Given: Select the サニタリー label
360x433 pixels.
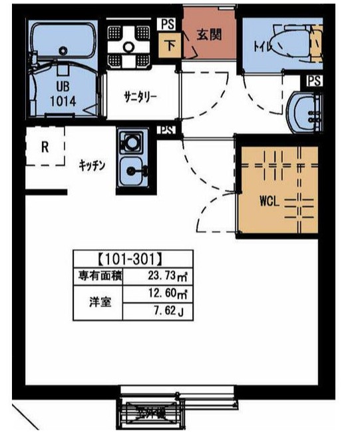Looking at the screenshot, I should [x=140, y=97].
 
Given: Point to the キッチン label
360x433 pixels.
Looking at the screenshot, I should [x=92, y=167].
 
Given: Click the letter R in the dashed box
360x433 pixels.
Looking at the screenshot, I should [x=45, y=147].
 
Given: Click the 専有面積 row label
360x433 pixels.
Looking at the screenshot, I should [x=96, y=275].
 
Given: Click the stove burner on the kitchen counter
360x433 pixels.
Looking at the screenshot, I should [x=131, y=142].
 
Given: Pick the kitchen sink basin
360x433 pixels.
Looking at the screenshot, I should [x=133, y=173].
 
